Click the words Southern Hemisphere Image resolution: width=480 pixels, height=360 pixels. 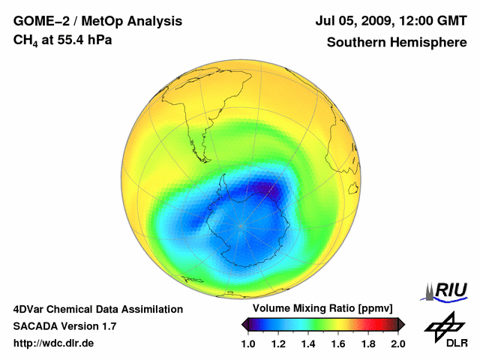coord(396,42)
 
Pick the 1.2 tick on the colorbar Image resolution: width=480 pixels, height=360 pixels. coord(278,343)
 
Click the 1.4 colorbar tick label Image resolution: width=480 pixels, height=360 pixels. coord(308,343)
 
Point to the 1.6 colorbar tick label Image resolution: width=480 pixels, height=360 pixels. coord(338,343)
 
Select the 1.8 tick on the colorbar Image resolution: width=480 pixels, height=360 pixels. coord(368,343)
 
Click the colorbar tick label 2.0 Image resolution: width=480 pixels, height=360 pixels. coord(397,343)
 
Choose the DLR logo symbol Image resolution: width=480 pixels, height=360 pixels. coord(443,325)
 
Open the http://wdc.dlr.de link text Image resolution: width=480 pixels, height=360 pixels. coord(54,343)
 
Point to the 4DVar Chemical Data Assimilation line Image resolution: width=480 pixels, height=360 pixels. coord(97,309)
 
